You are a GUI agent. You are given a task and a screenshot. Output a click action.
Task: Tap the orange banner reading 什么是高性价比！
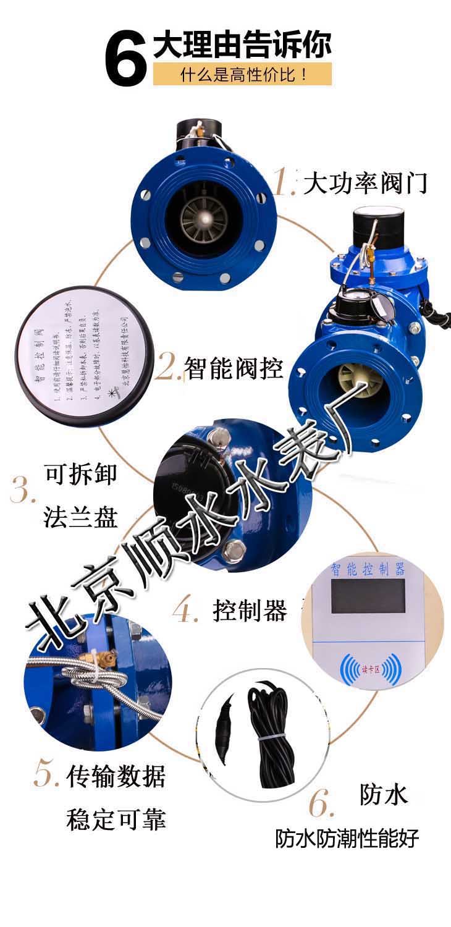tap(243, 75)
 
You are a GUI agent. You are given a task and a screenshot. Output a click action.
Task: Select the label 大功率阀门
tap(365, 183)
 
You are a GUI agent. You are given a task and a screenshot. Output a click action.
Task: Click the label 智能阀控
tap(234, 368)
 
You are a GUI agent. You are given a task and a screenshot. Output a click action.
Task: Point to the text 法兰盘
tap(81, 517)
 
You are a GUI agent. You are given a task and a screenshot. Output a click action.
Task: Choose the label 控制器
tap(250, 611)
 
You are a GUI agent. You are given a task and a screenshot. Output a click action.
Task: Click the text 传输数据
tap(116, 776)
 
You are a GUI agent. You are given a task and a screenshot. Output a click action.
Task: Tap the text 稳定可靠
tap(116, 819)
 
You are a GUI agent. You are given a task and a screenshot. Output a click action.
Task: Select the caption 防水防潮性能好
tap(347, 838)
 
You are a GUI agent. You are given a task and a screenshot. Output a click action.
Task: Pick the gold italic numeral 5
tap(46, 775)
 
